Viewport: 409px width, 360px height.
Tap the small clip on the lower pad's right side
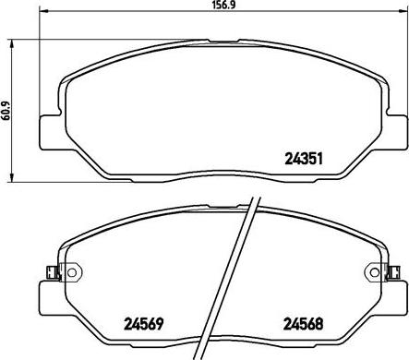tap(392, 272)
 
